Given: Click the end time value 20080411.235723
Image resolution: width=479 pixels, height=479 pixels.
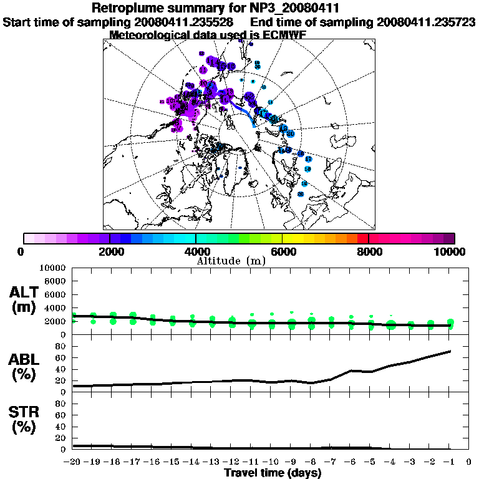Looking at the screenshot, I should [426, 22].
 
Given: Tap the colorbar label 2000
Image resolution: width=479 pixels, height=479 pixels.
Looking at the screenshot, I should [109, 252].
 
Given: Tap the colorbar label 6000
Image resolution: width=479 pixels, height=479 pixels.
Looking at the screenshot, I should [282, 252].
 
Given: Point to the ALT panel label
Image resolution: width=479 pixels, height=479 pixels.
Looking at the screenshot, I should [24, 293].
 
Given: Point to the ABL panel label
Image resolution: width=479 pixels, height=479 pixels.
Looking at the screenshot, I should [24, 359].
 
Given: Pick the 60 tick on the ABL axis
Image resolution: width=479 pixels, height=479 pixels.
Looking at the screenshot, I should [61, 357].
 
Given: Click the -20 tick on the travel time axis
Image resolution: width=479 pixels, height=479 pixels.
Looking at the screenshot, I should [73, 462].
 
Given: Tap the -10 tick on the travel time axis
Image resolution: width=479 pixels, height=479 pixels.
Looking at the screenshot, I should [271, 462].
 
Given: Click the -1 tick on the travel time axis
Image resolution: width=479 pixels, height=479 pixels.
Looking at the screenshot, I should [449, 462].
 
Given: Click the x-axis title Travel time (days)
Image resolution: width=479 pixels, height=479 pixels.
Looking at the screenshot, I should [273, 473].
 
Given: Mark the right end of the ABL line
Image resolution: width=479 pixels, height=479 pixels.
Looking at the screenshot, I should [450, 351].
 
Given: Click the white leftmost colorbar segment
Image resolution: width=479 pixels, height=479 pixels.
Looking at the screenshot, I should [29, 238].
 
